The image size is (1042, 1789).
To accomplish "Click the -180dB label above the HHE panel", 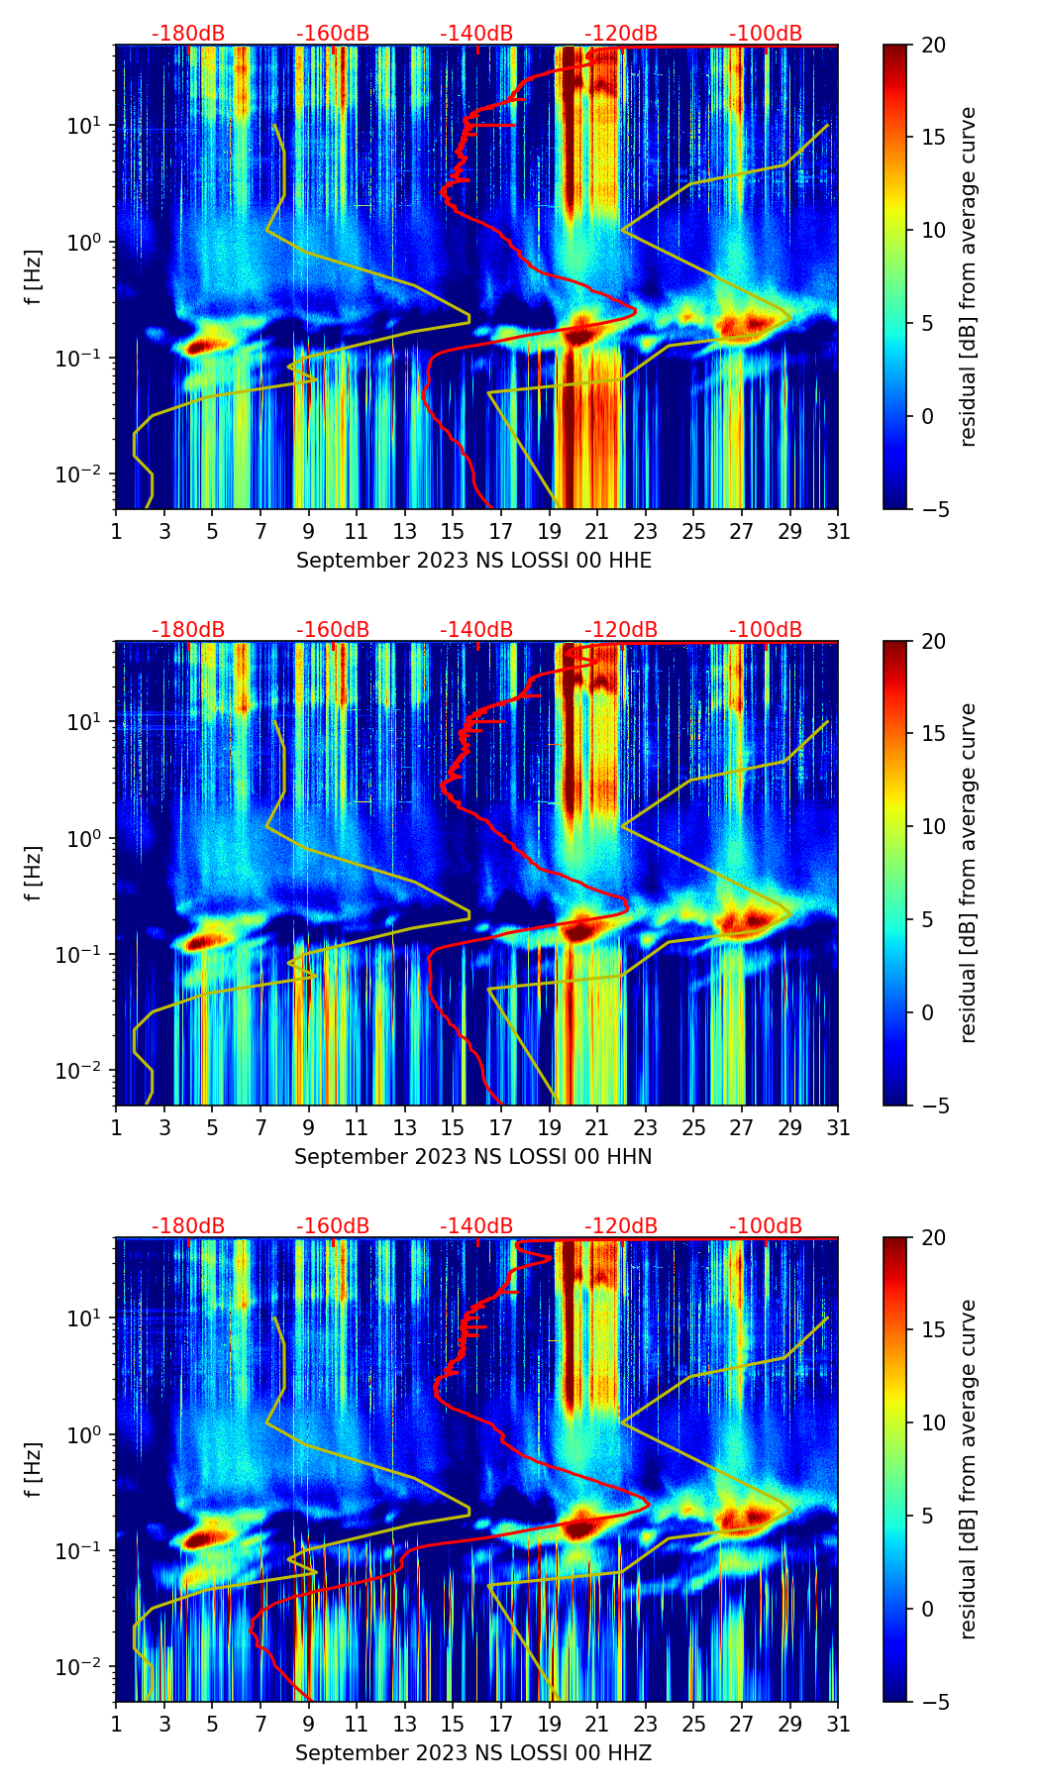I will (188, 34).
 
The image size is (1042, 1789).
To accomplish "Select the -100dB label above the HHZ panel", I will (766, 1226).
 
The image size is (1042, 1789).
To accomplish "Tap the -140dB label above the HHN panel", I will (476, 630).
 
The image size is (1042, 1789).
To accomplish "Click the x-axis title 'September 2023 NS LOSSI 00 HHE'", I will (473, 561).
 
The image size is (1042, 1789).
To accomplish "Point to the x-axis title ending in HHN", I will (473, 1157).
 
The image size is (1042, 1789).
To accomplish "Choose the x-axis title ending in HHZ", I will (473, 1753).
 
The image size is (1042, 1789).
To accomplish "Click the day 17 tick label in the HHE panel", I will (501, 532).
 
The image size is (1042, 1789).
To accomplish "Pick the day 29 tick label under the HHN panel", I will (790, 1128).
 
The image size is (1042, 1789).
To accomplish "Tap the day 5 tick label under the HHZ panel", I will (212, 1725).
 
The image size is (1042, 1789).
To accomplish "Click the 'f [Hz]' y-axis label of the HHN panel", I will (34, 874).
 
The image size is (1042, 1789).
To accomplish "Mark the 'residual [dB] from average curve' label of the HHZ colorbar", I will (969, 1469).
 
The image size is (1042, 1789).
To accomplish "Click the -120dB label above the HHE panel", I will (621, 34).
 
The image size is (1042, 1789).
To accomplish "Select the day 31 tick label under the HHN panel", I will (838, 1128).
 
